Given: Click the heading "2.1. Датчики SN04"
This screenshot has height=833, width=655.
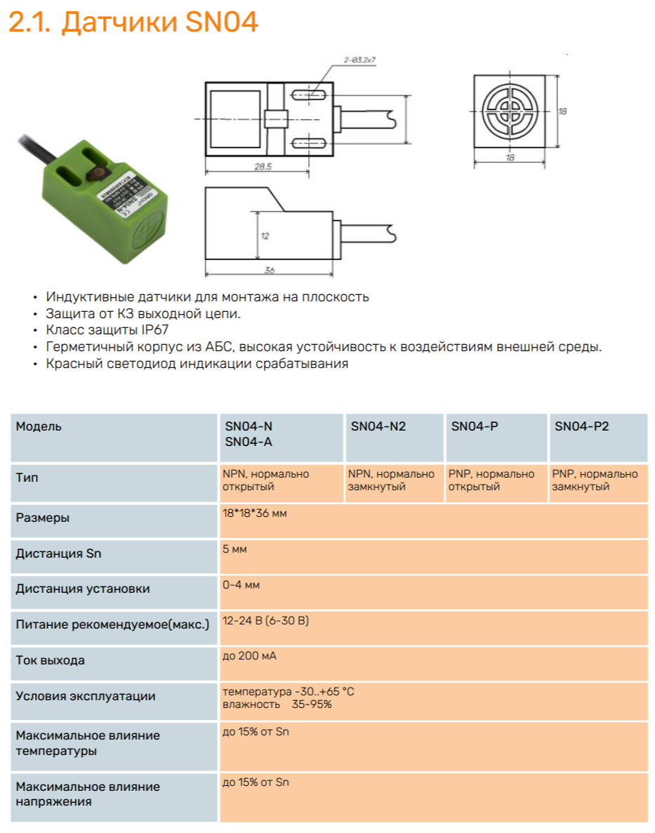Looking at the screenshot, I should [x=133, y=22].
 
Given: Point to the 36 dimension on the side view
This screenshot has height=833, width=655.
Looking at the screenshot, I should [x=268, y=269].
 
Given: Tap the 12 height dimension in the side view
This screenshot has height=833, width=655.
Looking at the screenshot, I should [x=265, y=236].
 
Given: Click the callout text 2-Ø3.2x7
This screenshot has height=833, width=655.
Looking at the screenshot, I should [x=361, y=61].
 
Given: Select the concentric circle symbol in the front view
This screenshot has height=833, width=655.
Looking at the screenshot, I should [x=510, y=112].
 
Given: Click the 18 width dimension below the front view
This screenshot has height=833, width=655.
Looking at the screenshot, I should [x=510, y=158].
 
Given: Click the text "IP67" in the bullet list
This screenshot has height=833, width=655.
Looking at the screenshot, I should [x=154, y=330].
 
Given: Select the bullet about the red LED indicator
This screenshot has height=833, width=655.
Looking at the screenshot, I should [x=197, y=364].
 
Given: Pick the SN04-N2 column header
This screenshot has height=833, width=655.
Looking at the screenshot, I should [x=378, y=426].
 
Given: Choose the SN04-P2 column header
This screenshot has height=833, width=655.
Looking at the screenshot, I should [x=581, y=426].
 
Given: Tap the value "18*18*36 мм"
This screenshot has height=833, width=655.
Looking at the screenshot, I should [x=255, y=513].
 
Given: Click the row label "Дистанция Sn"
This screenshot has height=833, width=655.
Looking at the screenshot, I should [x=58, y=553].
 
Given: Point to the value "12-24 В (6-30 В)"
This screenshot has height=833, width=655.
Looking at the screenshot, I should [x=265, y=620].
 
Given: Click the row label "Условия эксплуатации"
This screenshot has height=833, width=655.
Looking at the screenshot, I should [x=85, y=696].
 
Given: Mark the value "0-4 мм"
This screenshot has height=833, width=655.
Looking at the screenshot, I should [x=241, y=584].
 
